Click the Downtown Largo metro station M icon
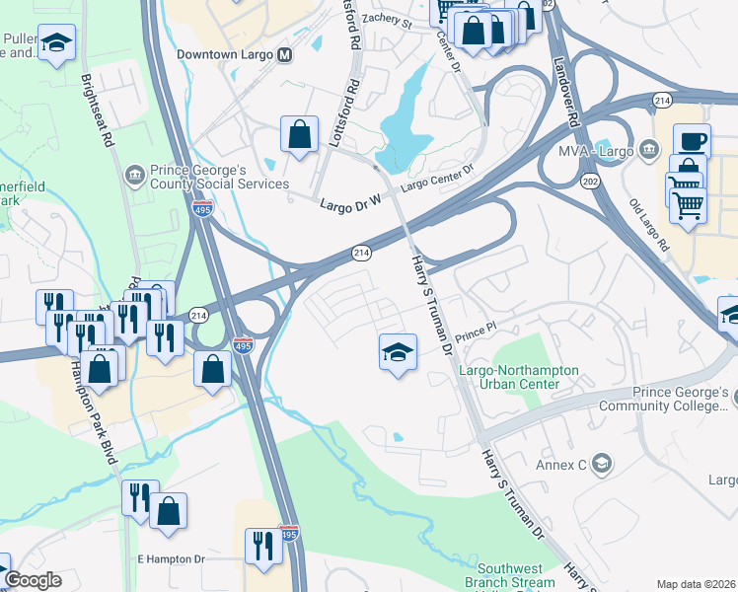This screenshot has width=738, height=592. [285, 55]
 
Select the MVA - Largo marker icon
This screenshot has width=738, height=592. [649, 150]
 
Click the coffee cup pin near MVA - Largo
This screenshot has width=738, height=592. [692, 141]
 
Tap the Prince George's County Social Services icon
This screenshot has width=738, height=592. [134, 176]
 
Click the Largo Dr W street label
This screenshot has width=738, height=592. [349, 205]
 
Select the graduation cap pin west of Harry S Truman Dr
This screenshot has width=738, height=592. [398, 352]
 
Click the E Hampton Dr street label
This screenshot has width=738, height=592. [171, 558]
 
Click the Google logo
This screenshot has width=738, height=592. [33, 580]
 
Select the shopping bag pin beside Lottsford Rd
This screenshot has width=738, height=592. [299, 134]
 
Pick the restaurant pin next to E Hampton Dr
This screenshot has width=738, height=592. [263, 546]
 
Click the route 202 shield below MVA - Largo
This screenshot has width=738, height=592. [591, 181]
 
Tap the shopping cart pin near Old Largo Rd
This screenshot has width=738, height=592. [688, 204]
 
